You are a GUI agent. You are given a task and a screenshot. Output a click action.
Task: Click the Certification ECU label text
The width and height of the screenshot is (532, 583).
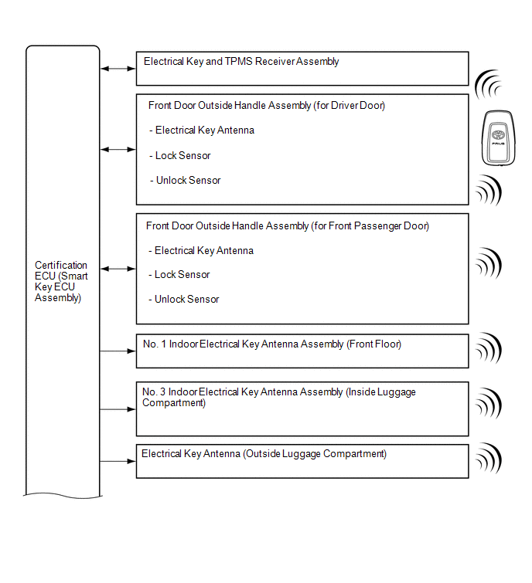click(x=61, y=281)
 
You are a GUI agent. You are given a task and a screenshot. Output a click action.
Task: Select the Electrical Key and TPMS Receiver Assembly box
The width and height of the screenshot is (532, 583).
click(x=302, y=68)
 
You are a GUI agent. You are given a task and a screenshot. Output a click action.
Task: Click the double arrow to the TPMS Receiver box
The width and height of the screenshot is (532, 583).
click(x=118, y=69)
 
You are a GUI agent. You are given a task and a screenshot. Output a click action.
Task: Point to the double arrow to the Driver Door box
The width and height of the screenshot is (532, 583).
click(x=118, y=149)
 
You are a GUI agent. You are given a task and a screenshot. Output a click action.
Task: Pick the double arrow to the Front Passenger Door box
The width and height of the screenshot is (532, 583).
click(x=118, y=269)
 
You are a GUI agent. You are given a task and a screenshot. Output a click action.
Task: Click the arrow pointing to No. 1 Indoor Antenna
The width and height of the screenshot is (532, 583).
click(x=118, y=351)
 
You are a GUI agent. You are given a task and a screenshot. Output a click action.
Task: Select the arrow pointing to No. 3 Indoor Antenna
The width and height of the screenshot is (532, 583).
click(x=118, y=409)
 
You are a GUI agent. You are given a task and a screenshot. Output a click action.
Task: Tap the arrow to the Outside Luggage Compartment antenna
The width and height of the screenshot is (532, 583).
click(x=118, y=462)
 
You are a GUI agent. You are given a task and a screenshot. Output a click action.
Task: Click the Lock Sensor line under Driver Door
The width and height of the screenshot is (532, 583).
click(x=182, y=155)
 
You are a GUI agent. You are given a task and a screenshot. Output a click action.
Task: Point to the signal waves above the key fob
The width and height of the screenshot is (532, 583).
click(x=489, y=83)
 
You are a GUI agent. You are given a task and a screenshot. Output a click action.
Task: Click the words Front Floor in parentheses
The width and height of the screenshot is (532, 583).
click(x=374, y=344)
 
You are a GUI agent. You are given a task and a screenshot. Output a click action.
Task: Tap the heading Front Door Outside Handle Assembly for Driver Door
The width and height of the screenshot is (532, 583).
click(x=267, y=105)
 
